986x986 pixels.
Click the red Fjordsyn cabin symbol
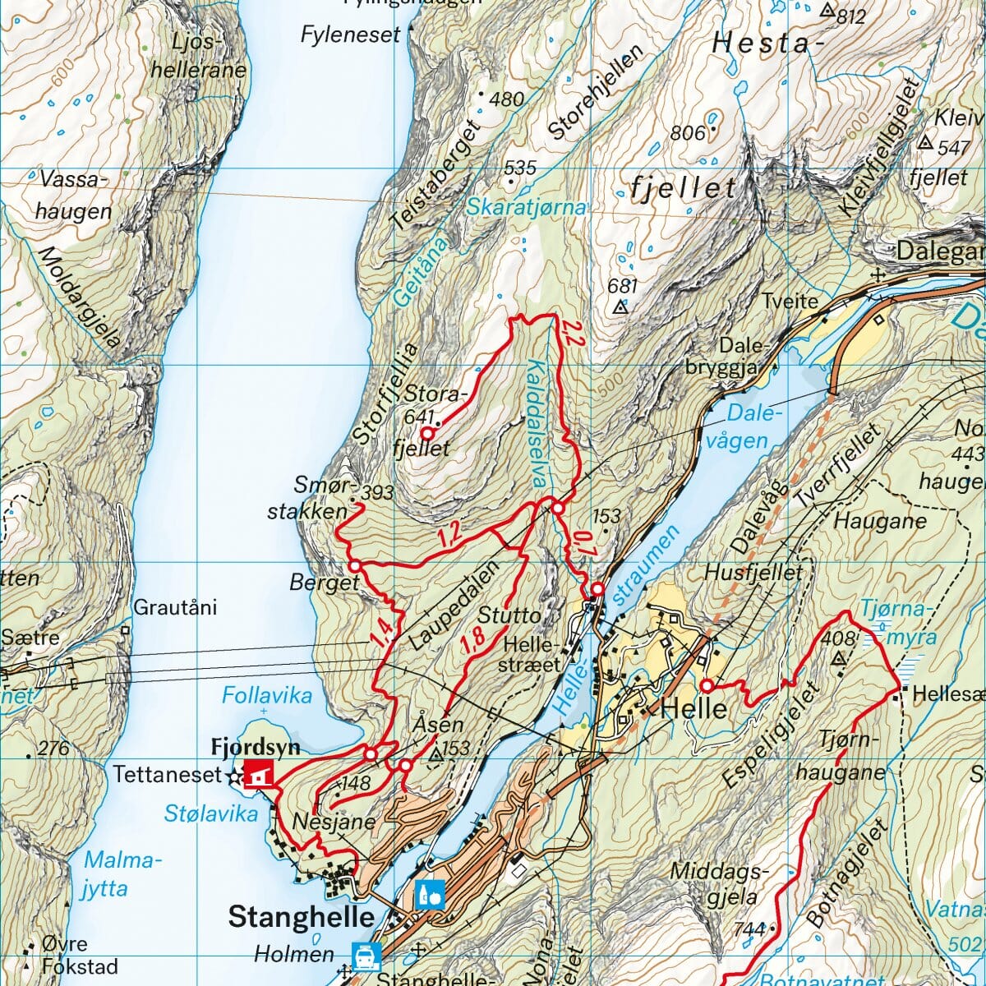(x=259, y=773)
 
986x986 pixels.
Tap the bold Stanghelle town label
(x=301, y=916)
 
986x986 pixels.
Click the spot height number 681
(x=622, y=287)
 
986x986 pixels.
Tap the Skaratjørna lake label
(x=526, y=207)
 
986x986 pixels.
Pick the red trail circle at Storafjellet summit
(x=427, y=432)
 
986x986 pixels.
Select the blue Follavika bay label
(x=267, y=696)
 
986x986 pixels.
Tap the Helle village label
(x=693, y=707)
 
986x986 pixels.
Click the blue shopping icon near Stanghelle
(x=430, y=894)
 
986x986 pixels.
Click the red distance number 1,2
(x=449, y=537)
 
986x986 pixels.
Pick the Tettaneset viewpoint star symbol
(x=236, y=775)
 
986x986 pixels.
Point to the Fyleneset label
(x=350, y=35)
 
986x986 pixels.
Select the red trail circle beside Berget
(x=355, y=566)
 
